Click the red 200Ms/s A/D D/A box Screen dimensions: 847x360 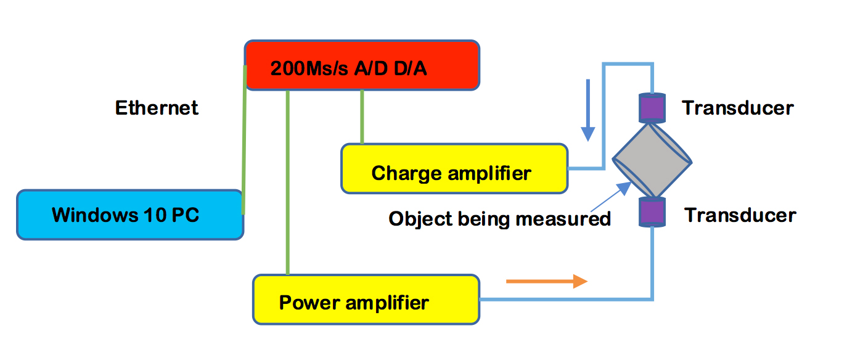click(362, 65)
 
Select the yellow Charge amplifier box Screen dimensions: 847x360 click(454, 169)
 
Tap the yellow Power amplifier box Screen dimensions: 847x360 click(366, 300)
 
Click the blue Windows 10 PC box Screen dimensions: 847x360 click(129, 215)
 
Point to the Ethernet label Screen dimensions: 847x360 click(157, 108)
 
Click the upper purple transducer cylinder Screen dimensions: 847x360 click(652, 108)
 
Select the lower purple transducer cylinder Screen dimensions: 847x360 click(652, 212)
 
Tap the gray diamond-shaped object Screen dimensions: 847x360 click(652, 160)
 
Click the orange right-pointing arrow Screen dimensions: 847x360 click(547, 281)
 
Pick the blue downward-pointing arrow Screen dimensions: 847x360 click(588, 110)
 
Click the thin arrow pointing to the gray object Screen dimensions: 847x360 click(611, 197)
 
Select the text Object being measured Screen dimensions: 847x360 click(499, 219)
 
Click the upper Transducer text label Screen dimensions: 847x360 click(738, 108)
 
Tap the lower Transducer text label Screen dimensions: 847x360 click(740, 215)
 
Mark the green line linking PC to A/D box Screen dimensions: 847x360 click(244, 140)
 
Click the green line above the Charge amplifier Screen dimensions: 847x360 click(362, 117)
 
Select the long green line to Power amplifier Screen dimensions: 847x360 click(288, 182)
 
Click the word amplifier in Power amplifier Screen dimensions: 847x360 click(387, 303)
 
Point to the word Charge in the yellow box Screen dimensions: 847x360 click(406, 174)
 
